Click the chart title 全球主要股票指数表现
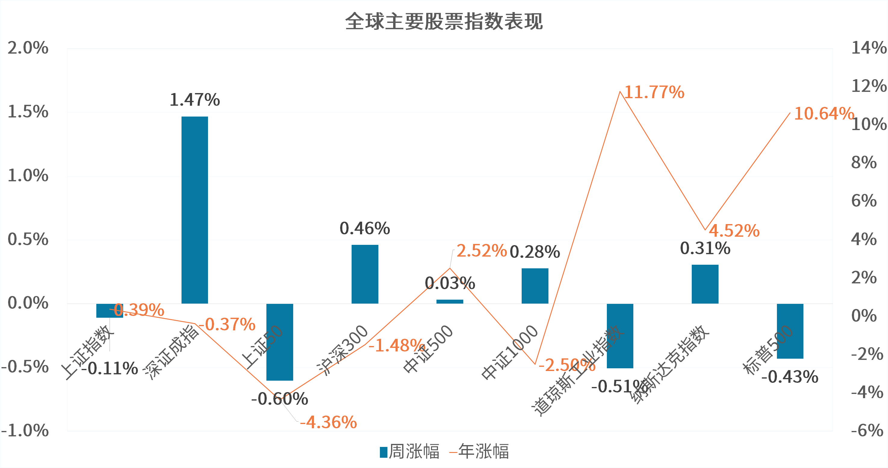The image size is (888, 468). pos(444,21)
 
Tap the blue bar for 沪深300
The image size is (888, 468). pos(365,274)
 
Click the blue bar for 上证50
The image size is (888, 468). pos(280,342)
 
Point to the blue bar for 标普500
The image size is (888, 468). pos(790,331)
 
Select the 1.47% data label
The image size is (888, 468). pos(195,100)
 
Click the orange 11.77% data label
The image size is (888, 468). pos(654,92)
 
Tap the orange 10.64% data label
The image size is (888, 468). pos(824,114)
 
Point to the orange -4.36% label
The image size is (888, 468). pos(328,423)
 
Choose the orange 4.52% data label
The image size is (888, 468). pos(734,231)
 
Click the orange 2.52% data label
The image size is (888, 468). pos(482,251)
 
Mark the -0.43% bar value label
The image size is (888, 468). pos(789,377)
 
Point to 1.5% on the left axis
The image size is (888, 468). pos(28,112)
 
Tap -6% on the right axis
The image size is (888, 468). pos(867,430)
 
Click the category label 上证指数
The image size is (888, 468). pos(88,352)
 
